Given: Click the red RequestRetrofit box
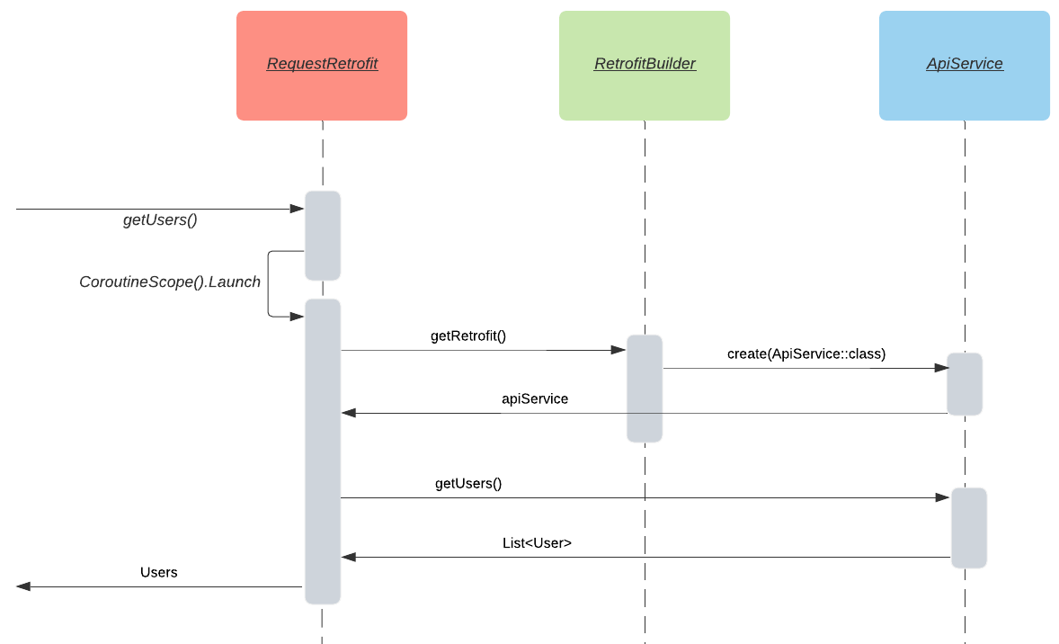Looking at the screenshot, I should pyautogui.click(x=322, y=66).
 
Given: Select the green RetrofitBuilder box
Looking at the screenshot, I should pyautogui.click(x=645, y=66).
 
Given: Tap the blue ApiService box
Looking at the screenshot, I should pyautogui.click(x=965, y=66).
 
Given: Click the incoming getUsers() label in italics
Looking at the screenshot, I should pyautogui.click(x=160, y=220).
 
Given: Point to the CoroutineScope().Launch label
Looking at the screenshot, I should pyautogui.click(x=170, y=282).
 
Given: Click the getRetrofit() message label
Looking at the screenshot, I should pyautogui.click(x=468, y=336).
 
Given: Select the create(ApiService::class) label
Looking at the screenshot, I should pyautogui.click(x=806, y=354).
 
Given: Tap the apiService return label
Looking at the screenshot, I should pyautogui.click(x=535, y=398).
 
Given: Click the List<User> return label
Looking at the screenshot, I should pyautogui.click(x=537, y=543).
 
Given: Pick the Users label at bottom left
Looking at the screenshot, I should pyautogui.click(x=159, y=572).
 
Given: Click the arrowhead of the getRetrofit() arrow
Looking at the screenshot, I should pyautogui.click(x=618, y=350).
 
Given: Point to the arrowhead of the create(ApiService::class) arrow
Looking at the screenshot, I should pyautogui.click(x=941, y=368).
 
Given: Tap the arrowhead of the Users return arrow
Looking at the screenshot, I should pyautogui.click(x=23, y=586).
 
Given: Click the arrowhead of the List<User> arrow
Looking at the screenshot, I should pyautogui.click(x=349, y=557).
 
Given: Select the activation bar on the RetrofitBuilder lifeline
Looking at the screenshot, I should pyautogui.click(x=645, y=389).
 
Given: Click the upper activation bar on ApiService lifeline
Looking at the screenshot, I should pyautogui.click(x=965, y=384).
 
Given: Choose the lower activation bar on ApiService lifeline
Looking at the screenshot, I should pyautogui.click(x=969, y=528).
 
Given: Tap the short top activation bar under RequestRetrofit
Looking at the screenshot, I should pyautogui.click(x=323, y=236).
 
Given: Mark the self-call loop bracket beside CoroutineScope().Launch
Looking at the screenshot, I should pyautogui.click(x=270, y=283).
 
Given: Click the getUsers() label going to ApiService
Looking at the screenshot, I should pyautogui.click(x=468, y=484).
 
